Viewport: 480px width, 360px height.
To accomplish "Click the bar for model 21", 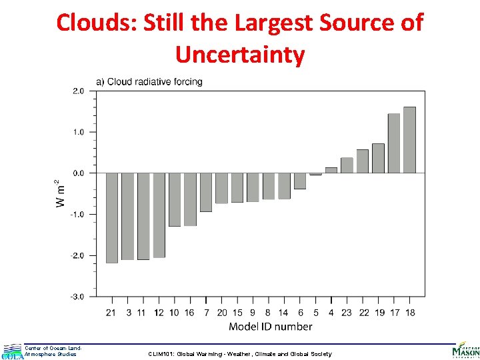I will (112, 217).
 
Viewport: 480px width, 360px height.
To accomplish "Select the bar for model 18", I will (409, 140).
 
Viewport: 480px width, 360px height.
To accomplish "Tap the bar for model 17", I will (394, 143).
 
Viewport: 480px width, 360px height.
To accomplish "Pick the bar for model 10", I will (175, 199).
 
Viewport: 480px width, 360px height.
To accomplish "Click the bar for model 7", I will (206, 192).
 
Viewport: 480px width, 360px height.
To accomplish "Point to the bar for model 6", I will (300, 181).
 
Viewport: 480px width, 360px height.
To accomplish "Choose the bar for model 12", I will (159, 215).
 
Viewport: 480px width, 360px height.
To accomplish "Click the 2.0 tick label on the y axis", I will (79, 91).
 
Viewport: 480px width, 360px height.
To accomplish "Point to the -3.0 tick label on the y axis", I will (78, 297).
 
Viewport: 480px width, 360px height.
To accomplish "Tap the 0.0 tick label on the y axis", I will (79, 173).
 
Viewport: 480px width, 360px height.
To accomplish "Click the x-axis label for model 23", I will (347, 312).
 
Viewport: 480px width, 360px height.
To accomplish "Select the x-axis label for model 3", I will (128, 312).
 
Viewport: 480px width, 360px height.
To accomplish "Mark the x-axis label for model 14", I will (284, 312).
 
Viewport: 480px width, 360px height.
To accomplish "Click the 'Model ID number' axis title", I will (270, 327).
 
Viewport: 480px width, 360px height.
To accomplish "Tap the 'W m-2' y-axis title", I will (61, 193).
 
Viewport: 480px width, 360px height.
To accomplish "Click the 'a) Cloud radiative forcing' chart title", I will (150, 82).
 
